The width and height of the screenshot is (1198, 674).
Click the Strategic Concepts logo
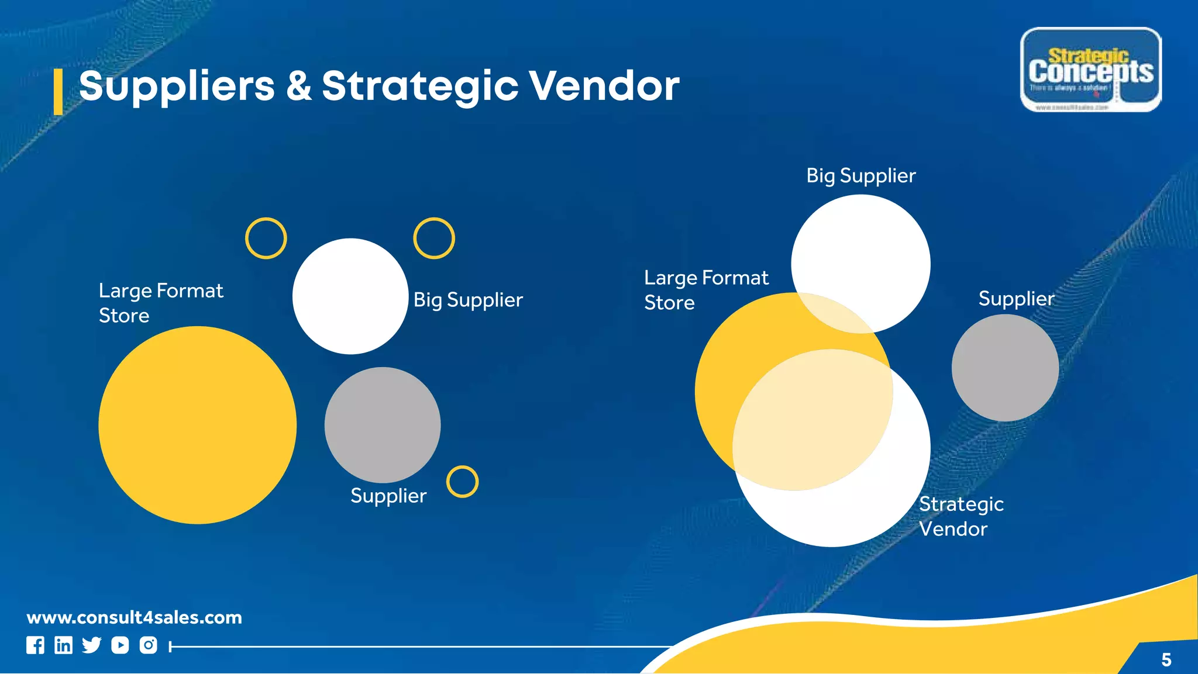1090,70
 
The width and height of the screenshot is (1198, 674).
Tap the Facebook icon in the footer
35,645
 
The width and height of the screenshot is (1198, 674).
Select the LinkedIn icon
63,645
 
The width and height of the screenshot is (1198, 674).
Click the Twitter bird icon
91,645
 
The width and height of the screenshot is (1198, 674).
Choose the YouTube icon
120,645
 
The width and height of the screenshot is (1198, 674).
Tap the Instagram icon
148,645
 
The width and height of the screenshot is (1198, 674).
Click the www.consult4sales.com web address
134,617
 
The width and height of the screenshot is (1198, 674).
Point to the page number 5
1166,660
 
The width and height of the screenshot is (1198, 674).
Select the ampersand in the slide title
298,86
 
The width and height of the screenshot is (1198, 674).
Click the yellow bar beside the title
58,92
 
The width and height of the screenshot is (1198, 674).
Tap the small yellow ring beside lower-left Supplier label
462,482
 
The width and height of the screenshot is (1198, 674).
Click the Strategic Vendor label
961,516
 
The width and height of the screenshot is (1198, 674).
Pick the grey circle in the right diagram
1005,368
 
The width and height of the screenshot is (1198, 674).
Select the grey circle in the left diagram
383,425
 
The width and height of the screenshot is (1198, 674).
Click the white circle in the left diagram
350,296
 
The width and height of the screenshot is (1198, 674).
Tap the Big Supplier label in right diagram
860,176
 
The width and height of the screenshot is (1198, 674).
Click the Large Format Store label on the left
160,303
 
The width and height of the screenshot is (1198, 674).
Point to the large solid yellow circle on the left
197,425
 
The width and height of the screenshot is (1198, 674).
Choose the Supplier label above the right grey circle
1016,299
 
